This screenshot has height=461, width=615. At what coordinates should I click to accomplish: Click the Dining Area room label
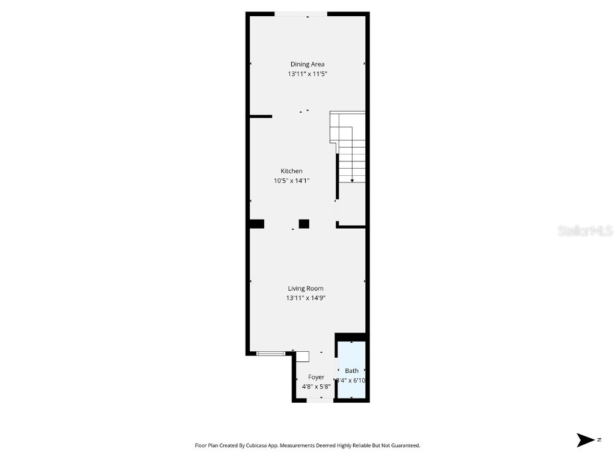click(x=307, y=64)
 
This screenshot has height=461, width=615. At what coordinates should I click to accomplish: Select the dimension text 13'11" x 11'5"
click(x=307, y=74)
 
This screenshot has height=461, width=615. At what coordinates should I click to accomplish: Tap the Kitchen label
click(x=291, y=171)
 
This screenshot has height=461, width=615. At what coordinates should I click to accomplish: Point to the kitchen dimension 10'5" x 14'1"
click(x=291, y=181)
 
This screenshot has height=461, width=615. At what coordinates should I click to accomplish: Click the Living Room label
click(x=305, y=288)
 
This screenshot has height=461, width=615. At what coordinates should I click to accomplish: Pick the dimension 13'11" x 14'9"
click(x=305, y=298)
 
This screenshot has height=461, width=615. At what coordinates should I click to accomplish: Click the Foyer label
click(x=316, y=377)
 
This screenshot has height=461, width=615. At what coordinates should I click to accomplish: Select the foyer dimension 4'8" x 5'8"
click(x=316, y=387)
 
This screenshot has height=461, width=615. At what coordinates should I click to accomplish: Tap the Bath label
click(x=351, y=371)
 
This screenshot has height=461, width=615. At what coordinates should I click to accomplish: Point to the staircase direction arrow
click(x=351, y=178)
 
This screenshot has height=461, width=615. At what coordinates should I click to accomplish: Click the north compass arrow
click(x=586, y=440)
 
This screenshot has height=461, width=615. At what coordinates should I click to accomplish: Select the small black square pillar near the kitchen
click(x=304, y=224)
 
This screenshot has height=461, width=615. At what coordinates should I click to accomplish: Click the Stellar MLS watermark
click(x=584, y=230)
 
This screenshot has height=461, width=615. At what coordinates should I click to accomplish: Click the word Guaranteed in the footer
click(x=404, y=445)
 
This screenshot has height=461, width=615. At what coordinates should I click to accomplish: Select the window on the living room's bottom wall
click(x=270, y=354)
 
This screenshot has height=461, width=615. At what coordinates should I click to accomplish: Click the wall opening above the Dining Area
click(x=301, y=14)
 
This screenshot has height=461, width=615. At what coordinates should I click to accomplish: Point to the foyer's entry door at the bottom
click(x=320, y=400)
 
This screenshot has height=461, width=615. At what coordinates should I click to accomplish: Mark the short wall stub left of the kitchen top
click(x=261, y=116)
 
